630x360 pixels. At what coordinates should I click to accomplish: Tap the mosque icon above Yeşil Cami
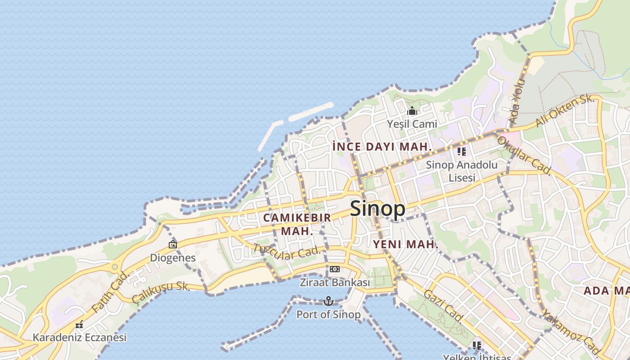pyautogui.click(x=412, y=111)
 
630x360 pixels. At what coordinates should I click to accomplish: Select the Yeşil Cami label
pyautogui.click(x=412, y=123)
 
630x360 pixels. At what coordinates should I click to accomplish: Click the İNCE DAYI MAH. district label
pyautogui.click(x=382, y=147)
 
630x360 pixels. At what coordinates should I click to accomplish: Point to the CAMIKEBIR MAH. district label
pyautogui.click(x=297, y=224)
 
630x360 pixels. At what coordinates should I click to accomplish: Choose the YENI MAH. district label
pyautogui.click(x=405, y=244)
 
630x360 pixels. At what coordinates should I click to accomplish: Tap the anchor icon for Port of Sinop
pyautogui.click(x=328, y=301)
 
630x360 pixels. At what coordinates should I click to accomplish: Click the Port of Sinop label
pyautogui.click(x=328, y=315)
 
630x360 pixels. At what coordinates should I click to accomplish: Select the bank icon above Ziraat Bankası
pyautogui.click(x=334, y=269)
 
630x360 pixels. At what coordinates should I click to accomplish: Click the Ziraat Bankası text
pyautogui.click(x=334, y=283)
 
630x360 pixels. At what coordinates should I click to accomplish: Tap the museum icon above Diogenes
pyautogui.click(x=173, y=244)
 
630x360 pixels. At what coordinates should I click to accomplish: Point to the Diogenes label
pyautogui.click(x=173, y=258)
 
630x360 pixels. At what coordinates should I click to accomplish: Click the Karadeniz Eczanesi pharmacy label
pyautogui.click(x=80, y=337)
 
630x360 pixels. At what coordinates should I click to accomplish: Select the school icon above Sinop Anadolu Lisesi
pyautogui.click(x=462, y=152)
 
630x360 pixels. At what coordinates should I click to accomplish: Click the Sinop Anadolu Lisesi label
pyautogui.click(x=462, y=171)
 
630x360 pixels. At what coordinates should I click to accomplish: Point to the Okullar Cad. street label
pyautogui.click(x=523, y=155)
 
